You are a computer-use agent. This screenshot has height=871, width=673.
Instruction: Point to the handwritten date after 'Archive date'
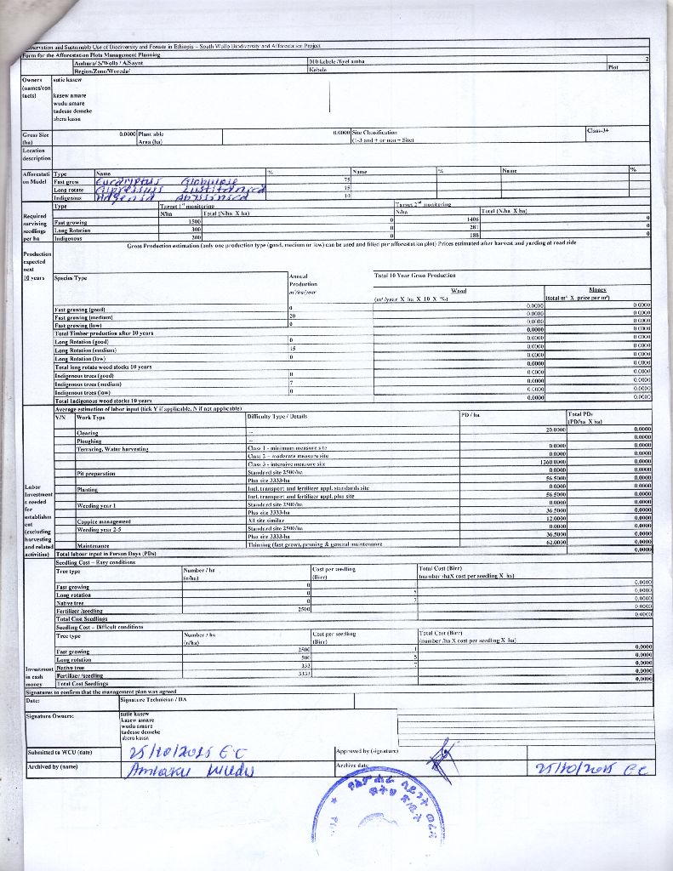(x=590, y=768)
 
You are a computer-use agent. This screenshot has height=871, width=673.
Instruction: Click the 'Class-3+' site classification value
(x=599, y=130)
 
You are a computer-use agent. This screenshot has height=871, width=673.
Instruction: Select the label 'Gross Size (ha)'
(x=36, y=138)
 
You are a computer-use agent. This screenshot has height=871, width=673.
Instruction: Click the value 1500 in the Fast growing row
(x=193, y=221)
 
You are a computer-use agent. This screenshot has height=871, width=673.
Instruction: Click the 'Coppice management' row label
(x=104, y=521)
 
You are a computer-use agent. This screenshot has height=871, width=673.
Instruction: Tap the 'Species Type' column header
(x=71, y=278)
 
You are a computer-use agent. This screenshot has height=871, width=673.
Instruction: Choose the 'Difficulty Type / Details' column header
(x=277, y=417)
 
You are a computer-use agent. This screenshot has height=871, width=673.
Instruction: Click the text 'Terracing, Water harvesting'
(x=112, y=448)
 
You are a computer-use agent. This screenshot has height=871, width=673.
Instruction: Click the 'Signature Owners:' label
(x=50, y=716)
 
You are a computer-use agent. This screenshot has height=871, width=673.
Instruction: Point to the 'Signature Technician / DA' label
(x=154, y=699)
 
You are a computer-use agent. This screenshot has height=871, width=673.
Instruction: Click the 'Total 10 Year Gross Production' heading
(x=414, y=275)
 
